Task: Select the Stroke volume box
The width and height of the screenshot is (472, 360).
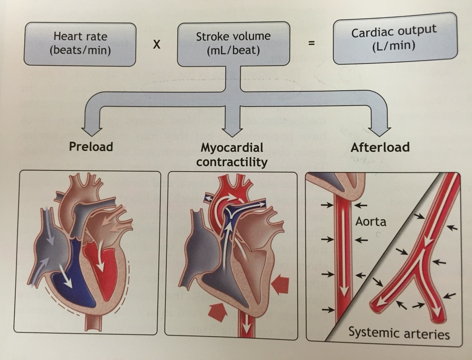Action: [x=233, y=43]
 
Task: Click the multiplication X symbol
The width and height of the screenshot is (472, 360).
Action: [x=156, y=44]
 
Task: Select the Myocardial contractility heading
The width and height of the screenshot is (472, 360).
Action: [x=231, y=155]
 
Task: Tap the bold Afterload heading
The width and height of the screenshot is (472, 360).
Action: [x=380, y=148]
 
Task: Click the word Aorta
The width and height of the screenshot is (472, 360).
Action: [x=371, y=221]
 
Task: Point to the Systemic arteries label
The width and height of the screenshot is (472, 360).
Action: [x=399, y=333]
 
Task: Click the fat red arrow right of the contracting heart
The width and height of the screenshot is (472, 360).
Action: [x=280, y=285]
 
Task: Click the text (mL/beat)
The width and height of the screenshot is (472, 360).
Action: [x=233, y=52]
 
